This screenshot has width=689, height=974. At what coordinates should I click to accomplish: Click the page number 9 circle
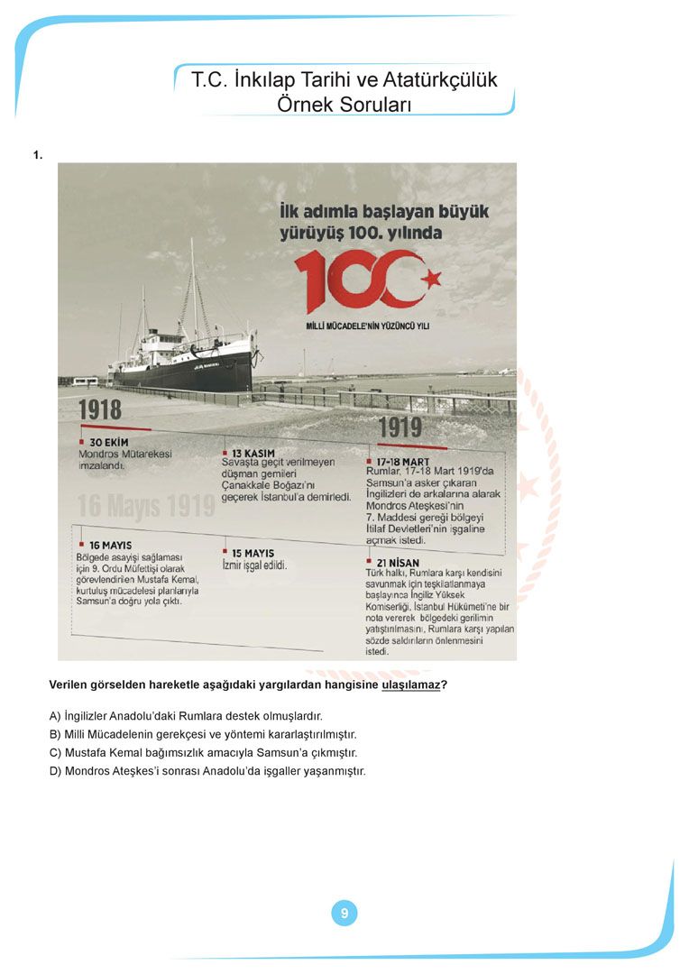[344, 914]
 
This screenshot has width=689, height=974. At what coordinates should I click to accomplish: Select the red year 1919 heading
[400, 427]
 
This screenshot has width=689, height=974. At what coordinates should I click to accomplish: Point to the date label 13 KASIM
[253, 452]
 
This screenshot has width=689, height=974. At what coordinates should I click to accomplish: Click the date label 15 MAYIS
[253, 553]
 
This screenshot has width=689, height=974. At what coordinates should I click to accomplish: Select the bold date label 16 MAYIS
[111, 546]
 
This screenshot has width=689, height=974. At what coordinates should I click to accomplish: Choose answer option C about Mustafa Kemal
[203, 752]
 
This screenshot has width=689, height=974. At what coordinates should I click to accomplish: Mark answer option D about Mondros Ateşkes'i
[207, 771]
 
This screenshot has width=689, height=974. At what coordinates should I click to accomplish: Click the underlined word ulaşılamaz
[411, 685]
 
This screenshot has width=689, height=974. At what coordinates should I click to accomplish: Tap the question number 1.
[37, 155]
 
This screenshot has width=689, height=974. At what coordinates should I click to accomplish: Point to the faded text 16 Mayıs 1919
[146, 506]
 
